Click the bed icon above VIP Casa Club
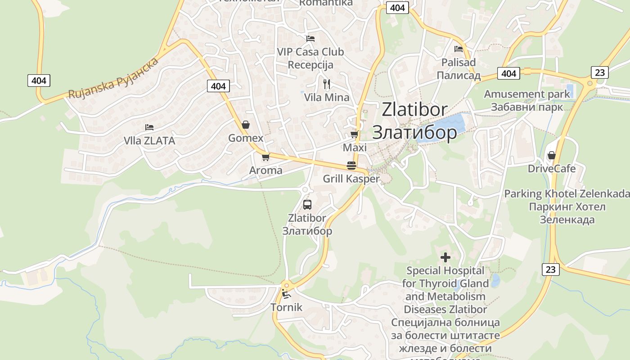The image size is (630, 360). point(310,39)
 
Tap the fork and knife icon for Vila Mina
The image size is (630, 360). point(327,84)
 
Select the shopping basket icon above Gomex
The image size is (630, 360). point(246,125)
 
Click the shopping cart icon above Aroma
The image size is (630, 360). point(265,157)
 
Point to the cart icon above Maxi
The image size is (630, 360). point(355,135)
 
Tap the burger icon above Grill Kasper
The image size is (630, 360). point(351,166)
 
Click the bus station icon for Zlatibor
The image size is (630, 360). point(307,205)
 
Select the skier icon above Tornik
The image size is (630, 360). point(286,295)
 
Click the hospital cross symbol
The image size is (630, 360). point(445,257)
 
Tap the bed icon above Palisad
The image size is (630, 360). point(459,49)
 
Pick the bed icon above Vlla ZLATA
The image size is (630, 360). point(149,128)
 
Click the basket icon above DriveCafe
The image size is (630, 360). point(551,155)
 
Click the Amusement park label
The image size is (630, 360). point(527,94)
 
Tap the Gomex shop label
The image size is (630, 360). point(246,138)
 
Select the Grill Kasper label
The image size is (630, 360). point(351,179)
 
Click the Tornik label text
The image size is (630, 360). point(287,308)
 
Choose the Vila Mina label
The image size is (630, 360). point(327,97)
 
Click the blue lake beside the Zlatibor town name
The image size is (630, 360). point(443,127)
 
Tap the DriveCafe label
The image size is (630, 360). point(552,169)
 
